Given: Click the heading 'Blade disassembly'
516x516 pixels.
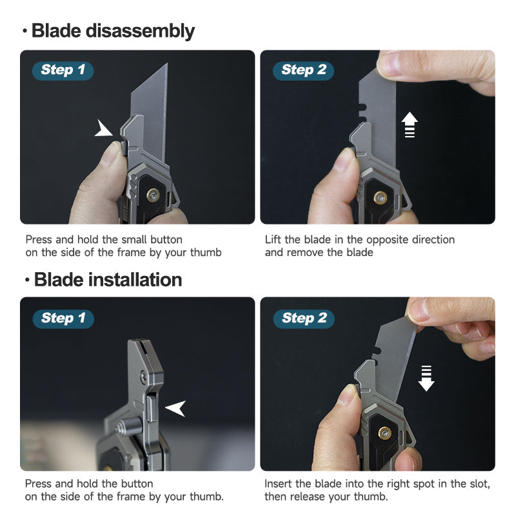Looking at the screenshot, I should pyautogui.click(x=113, y=31).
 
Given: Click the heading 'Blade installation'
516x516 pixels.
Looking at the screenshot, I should pyautogui.click(x=108, y=280).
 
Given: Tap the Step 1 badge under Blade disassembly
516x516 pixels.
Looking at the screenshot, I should pyautogui.click(x=63, y=70).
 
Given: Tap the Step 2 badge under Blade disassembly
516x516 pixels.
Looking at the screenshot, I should pyautogui.click(x=304, y=70).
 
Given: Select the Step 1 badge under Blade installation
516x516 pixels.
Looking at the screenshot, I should pyautogui.click(x=63, y=318).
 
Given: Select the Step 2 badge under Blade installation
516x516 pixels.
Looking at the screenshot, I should pyautogui.click(x=304, y=318).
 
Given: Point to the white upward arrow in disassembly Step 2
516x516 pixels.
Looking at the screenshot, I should pyautogui.click(x=410, y=124).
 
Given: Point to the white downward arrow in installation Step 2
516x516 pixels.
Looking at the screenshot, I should pyautogui.click(x=426, y=377).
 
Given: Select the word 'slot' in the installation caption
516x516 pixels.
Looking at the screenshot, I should pyautogui.click(x=477, y=484).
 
